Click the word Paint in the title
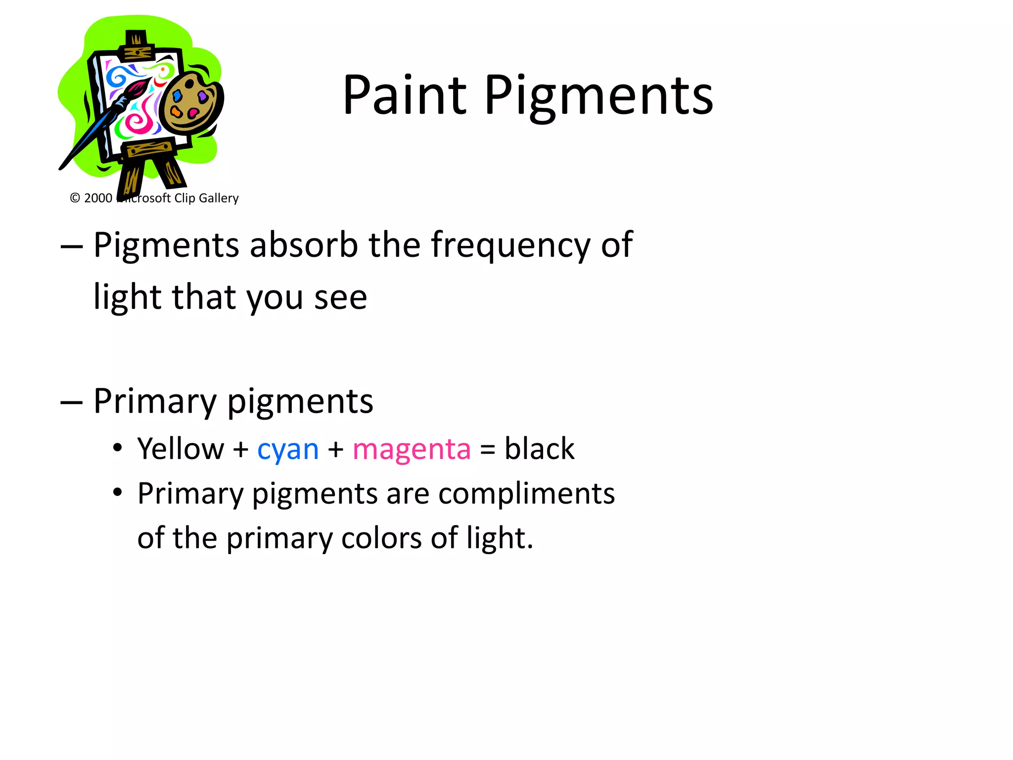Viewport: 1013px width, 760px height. click(x=405, y=95)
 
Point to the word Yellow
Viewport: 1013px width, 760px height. click(x=181, y=449)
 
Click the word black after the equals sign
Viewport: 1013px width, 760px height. click(x=539, y=449)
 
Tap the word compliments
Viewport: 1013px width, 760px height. click(x=526, y=494)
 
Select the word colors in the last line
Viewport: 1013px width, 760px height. click(x=381, y=538)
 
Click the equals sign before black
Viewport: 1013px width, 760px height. click(x=487, y=450)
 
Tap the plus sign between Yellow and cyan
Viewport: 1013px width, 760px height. click(x=241, y=450)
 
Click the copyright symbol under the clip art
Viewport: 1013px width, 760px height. click(x=75, y=198)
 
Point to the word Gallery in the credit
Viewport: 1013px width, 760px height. click(x=219, y=198)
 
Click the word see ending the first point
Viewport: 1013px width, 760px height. click(x=340, y=298)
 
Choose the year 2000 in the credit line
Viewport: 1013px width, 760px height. click(x=98, y=198)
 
